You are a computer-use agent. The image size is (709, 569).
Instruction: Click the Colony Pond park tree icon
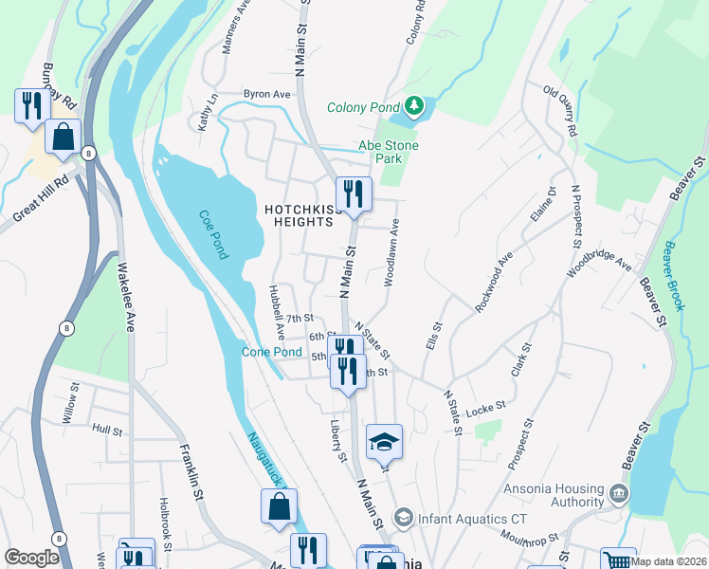click(x=413, y=105)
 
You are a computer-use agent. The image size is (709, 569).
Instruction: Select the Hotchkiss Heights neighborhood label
click(x=299, y=214)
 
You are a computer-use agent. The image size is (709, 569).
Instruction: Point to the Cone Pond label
click(x=271, y=352)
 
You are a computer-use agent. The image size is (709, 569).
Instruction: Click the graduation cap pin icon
click(x=384, y=441)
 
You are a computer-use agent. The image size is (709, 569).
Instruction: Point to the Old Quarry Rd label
click(x=559, y=110)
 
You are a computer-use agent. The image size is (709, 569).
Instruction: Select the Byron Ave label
click(x=266, y=95)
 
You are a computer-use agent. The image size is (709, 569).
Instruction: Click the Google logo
click(x=32, y=558)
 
